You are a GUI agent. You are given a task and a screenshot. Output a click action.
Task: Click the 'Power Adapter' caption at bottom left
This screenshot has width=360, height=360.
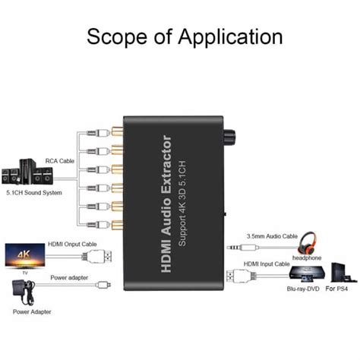tap(32, 311)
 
